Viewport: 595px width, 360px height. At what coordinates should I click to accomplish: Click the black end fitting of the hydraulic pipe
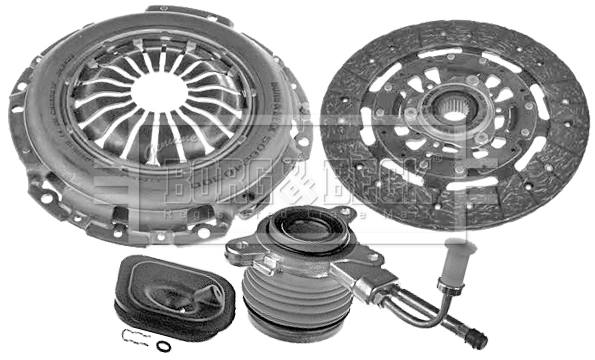476,338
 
